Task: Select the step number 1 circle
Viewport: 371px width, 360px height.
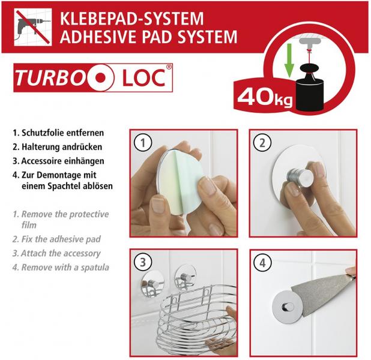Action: click(x=142, y=143)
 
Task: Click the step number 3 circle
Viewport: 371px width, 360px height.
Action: click(x=142, y=262)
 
